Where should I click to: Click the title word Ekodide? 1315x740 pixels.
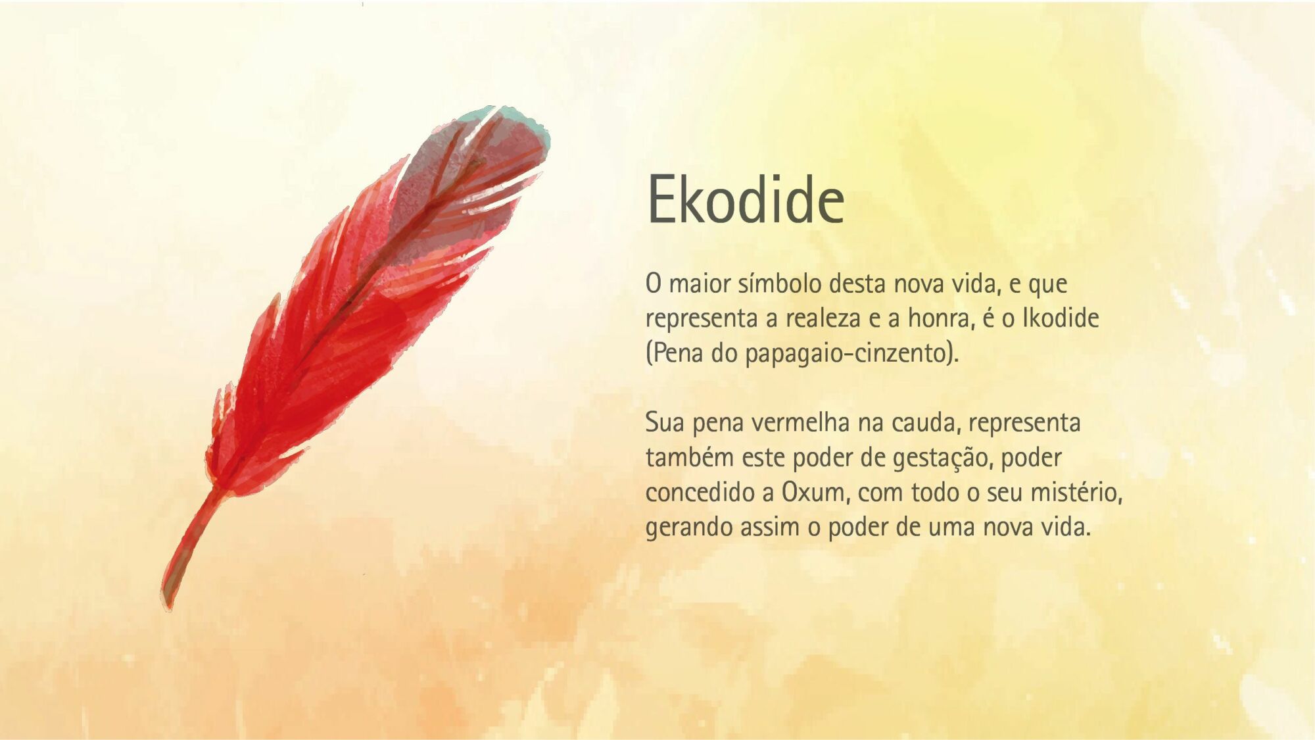[x=746, y=199]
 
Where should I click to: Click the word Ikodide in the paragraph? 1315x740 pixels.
[x=1061, y=318]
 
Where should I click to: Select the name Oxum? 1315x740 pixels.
[x=814, y=493]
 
